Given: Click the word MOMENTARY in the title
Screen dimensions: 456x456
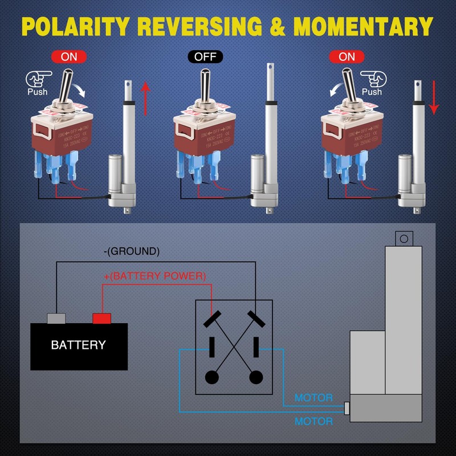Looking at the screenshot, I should click(363, 26).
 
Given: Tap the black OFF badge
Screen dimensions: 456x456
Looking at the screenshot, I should click(205, 57).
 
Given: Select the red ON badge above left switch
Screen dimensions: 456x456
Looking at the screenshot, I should click(68, 57).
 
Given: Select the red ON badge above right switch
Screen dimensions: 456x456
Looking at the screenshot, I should click(347, 57).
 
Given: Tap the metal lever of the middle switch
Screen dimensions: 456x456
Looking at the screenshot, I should click(205, 84).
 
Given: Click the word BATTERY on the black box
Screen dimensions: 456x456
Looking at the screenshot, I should click(78, 345).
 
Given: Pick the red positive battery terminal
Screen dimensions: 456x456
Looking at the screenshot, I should click(101, 318).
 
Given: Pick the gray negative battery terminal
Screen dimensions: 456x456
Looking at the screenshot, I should click(56, 318).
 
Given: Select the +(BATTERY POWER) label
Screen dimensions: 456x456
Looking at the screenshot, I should click(154, 276).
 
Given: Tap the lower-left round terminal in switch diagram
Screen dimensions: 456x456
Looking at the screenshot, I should click(211, 377).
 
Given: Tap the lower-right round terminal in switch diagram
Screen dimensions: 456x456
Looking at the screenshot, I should click(256, 377).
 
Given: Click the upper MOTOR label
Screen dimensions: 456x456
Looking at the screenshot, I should click(313, 398).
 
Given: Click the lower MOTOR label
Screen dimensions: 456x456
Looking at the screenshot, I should click(313, 422).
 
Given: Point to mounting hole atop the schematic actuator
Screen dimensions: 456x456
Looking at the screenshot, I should click(404, 238).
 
